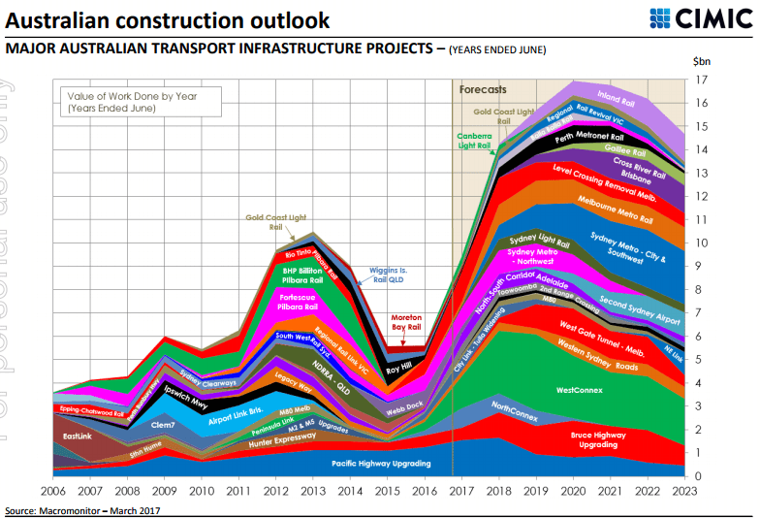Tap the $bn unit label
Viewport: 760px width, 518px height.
click(703, 60)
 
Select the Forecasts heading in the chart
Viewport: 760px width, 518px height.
click(483, 89)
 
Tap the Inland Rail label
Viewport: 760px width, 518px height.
click(617, 97)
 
